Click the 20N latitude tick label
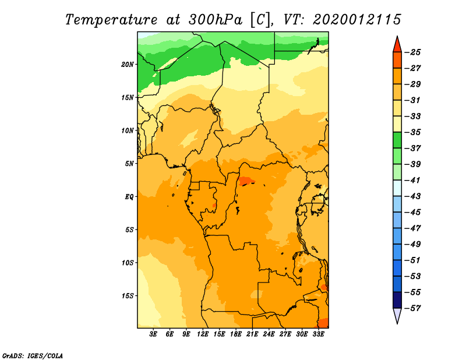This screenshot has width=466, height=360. tap(127, 65)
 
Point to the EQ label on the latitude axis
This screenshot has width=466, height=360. tap(129, 197)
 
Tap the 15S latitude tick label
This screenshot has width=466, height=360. tap(127, 296)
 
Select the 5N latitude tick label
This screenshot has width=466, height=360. tap(129, 164)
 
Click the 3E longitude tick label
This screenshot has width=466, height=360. tap(153, 334)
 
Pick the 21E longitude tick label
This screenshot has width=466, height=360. tap(252, 334)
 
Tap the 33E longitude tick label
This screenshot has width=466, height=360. tap(318, 334)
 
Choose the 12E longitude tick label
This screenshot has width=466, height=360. tap(203, 334)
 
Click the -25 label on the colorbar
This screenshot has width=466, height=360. tap(412, 52)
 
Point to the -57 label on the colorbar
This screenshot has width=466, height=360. tap(412, 308)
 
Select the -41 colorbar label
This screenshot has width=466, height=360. tap(412, 180)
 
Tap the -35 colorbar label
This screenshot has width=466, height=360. tap(412, 132)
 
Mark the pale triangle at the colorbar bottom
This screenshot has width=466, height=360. tap(397, 315)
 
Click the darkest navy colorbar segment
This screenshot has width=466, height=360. tap(397, 300)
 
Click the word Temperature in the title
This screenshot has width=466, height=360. tap(111, 20)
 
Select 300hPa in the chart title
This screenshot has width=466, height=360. tap(216, 20)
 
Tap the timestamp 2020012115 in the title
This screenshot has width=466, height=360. tap(357, 20)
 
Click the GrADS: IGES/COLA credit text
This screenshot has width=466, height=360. tap(33, 356)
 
